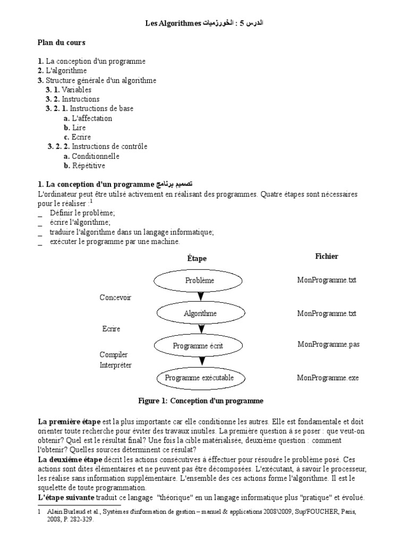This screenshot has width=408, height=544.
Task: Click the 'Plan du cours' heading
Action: click(x=61, y=42)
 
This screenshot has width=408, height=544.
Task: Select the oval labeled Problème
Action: click(x=200, y=280)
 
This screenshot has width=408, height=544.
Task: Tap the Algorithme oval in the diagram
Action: click(x=200, y=313)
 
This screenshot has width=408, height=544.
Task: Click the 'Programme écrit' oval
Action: click(x=198, y=346)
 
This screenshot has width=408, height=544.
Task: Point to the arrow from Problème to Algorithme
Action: click(x=200, y=296)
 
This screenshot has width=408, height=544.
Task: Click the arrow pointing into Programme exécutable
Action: click(x=200, y=362)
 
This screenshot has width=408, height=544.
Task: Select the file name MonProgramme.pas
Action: click(x=328, y=344)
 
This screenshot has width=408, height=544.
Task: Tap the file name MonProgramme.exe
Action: click(x=328, y=378)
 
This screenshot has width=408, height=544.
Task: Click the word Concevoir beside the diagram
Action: click(x=115, y=297)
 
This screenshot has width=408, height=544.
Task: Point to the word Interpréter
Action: click(x=116, y=365)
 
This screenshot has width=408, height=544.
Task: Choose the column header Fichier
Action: click(x=326, y=256)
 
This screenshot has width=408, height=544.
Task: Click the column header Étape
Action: click(x=197, y=258)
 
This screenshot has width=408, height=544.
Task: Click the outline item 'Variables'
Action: click(x=76, y=90)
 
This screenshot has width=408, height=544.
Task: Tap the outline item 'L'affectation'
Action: click(x=91, y=118)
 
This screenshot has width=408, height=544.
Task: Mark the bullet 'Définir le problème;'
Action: click(x=82, y=212)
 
